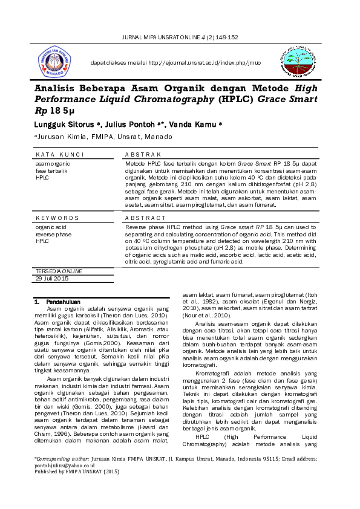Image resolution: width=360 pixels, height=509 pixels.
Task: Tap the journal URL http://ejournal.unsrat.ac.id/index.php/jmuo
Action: coord(175,62)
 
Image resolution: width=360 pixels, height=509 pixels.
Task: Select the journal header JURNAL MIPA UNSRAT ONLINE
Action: coord(180,37)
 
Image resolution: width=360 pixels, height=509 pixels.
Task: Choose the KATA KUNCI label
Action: coord(59,155)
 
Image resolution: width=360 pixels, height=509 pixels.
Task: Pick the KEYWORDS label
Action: coord(57,218)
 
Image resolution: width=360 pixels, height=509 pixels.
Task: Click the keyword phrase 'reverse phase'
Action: coord(53,234)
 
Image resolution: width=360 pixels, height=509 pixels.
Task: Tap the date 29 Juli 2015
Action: coord(52,278)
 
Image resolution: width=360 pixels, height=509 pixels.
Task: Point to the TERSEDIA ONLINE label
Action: coord(59,271)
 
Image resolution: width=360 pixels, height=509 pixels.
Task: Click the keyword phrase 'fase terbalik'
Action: coord(50,170)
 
